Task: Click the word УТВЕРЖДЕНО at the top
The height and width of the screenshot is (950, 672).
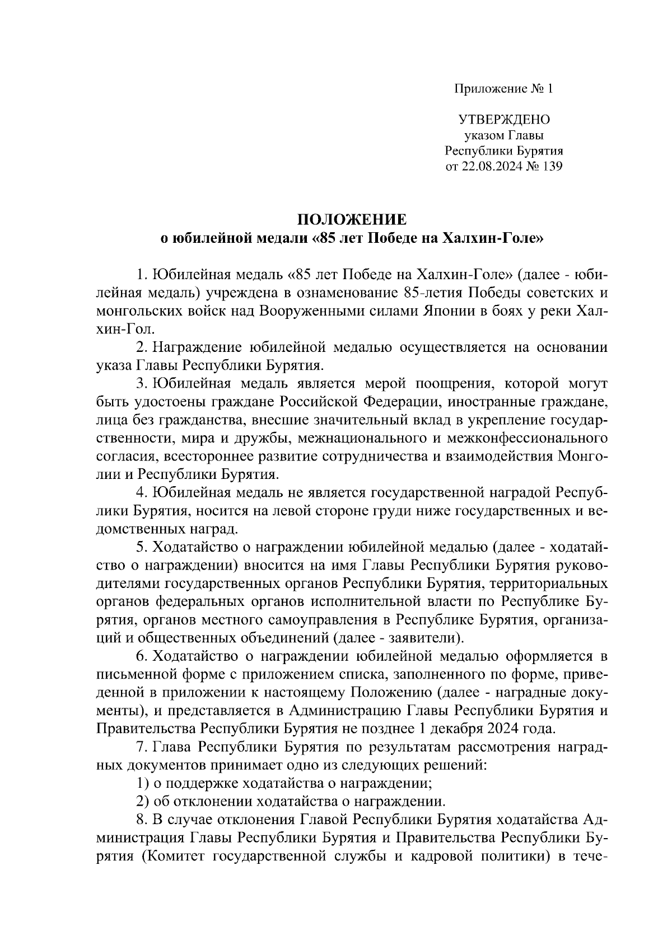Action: click(x=504, y=119)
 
